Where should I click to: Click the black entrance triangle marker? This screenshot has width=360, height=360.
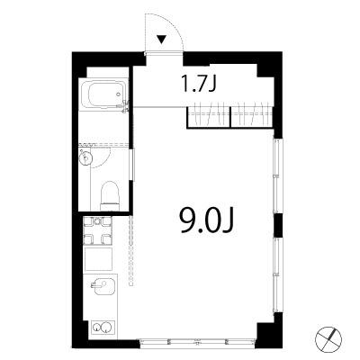pos(162,40)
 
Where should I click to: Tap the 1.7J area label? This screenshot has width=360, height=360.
pos(199,84)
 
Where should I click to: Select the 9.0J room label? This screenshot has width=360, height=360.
pos(206,220)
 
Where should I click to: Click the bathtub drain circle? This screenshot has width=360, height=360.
pos(118,94)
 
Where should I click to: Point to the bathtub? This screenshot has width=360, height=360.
pos(103,94)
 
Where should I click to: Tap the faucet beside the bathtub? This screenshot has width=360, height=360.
pos(125,105)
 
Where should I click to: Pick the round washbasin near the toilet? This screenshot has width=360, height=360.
pos(85,157)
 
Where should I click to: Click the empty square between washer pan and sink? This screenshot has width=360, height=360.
pos(98,259)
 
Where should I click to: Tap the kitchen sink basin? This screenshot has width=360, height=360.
pos(102,287)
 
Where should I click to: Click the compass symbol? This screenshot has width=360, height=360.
pos(328,339)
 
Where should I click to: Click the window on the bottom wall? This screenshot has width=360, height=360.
pos(197,342)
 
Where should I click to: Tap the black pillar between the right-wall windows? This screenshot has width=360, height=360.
pos(278,225)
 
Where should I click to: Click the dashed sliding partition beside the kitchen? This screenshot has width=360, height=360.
pos(130,250)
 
